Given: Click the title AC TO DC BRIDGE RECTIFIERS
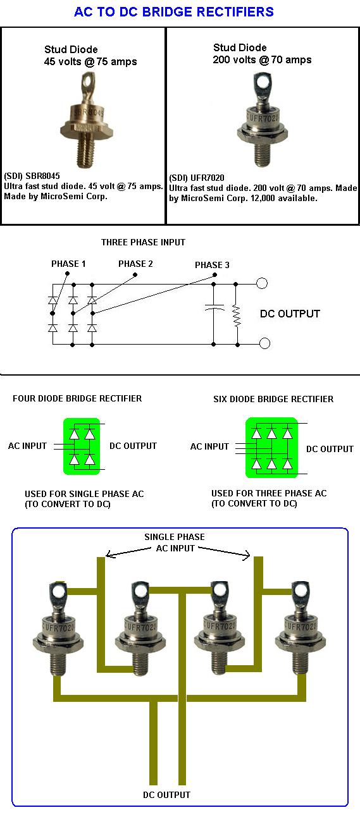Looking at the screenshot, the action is coord(174,12).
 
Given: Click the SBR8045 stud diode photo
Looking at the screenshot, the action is coord(87,120).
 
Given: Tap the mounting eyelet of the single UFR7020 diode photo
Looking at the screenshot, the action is coord(263,83).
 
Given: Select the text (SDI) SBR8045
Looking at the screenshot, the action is coord(32,176).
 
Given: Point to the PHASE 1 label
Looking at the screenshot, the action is coord(68,264).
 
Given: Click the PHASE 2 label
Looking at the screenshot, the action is coord(135,264).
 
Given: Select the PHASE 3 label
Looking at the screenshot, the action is coord(212,265).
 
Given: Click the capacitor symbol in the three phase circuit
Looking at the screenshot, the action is coord(214,307).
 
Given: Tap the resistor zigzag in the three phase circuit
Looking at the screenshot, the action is coord(237,316).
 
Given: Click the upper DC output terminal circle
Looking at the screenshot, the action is coord(261,283).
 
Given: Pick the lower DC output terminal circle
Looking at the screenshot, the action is coord(264,343).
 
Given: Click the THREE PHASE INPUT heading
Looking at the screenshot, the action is coord(143,242).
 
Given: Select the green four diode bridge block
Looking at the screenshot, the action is coord(82,446).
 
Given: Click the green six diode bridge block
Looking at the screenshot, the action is coord(271,448).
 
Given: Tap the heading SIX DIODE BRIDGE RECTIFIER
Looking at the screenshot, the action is coord(273,399).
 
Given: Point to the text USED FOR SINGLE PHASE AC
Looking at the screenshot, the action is coord(84,494).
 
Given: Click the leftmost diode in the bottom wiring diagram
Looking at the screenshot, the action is coord(58,629).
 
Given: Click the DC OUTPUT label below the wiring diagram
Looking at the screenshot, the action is coord(166,795).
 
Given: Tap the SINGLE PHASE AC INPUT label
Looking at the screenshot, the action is coord(175,543).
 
